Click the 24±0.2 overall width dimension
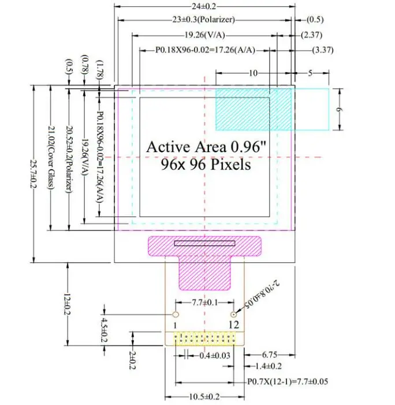pos(204,6)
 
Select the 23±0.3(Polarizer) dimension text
pos(204,20)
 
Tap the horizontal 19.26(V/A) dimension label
pos(204,35)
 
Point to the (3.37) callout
pos(322,50)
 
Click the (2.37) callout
pos(312,35)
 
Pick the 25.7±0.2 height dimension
pos(33,173)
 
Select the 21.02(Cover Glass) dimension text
pos(51,157)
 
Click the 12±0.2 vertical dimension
pos(68,304)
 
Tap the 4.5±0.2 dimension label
pos(104,330)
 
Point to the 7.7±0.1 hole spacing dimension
pos(205,302)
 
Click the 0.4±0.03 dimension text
pos(215,355)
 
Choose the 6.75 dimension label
pos(270,355)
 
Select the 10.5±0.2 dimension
pos(204,397)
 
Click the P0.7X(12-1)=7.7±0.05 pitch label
pos(288,382)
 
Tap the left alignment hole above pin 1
pos(176,315)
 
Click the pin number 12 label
pos(234,325)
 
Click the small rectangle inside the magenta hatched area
pos(204,243)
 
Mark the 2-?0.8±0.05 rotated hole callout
pos(262,294)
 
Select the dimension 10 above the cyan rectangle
pos(253,73)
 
